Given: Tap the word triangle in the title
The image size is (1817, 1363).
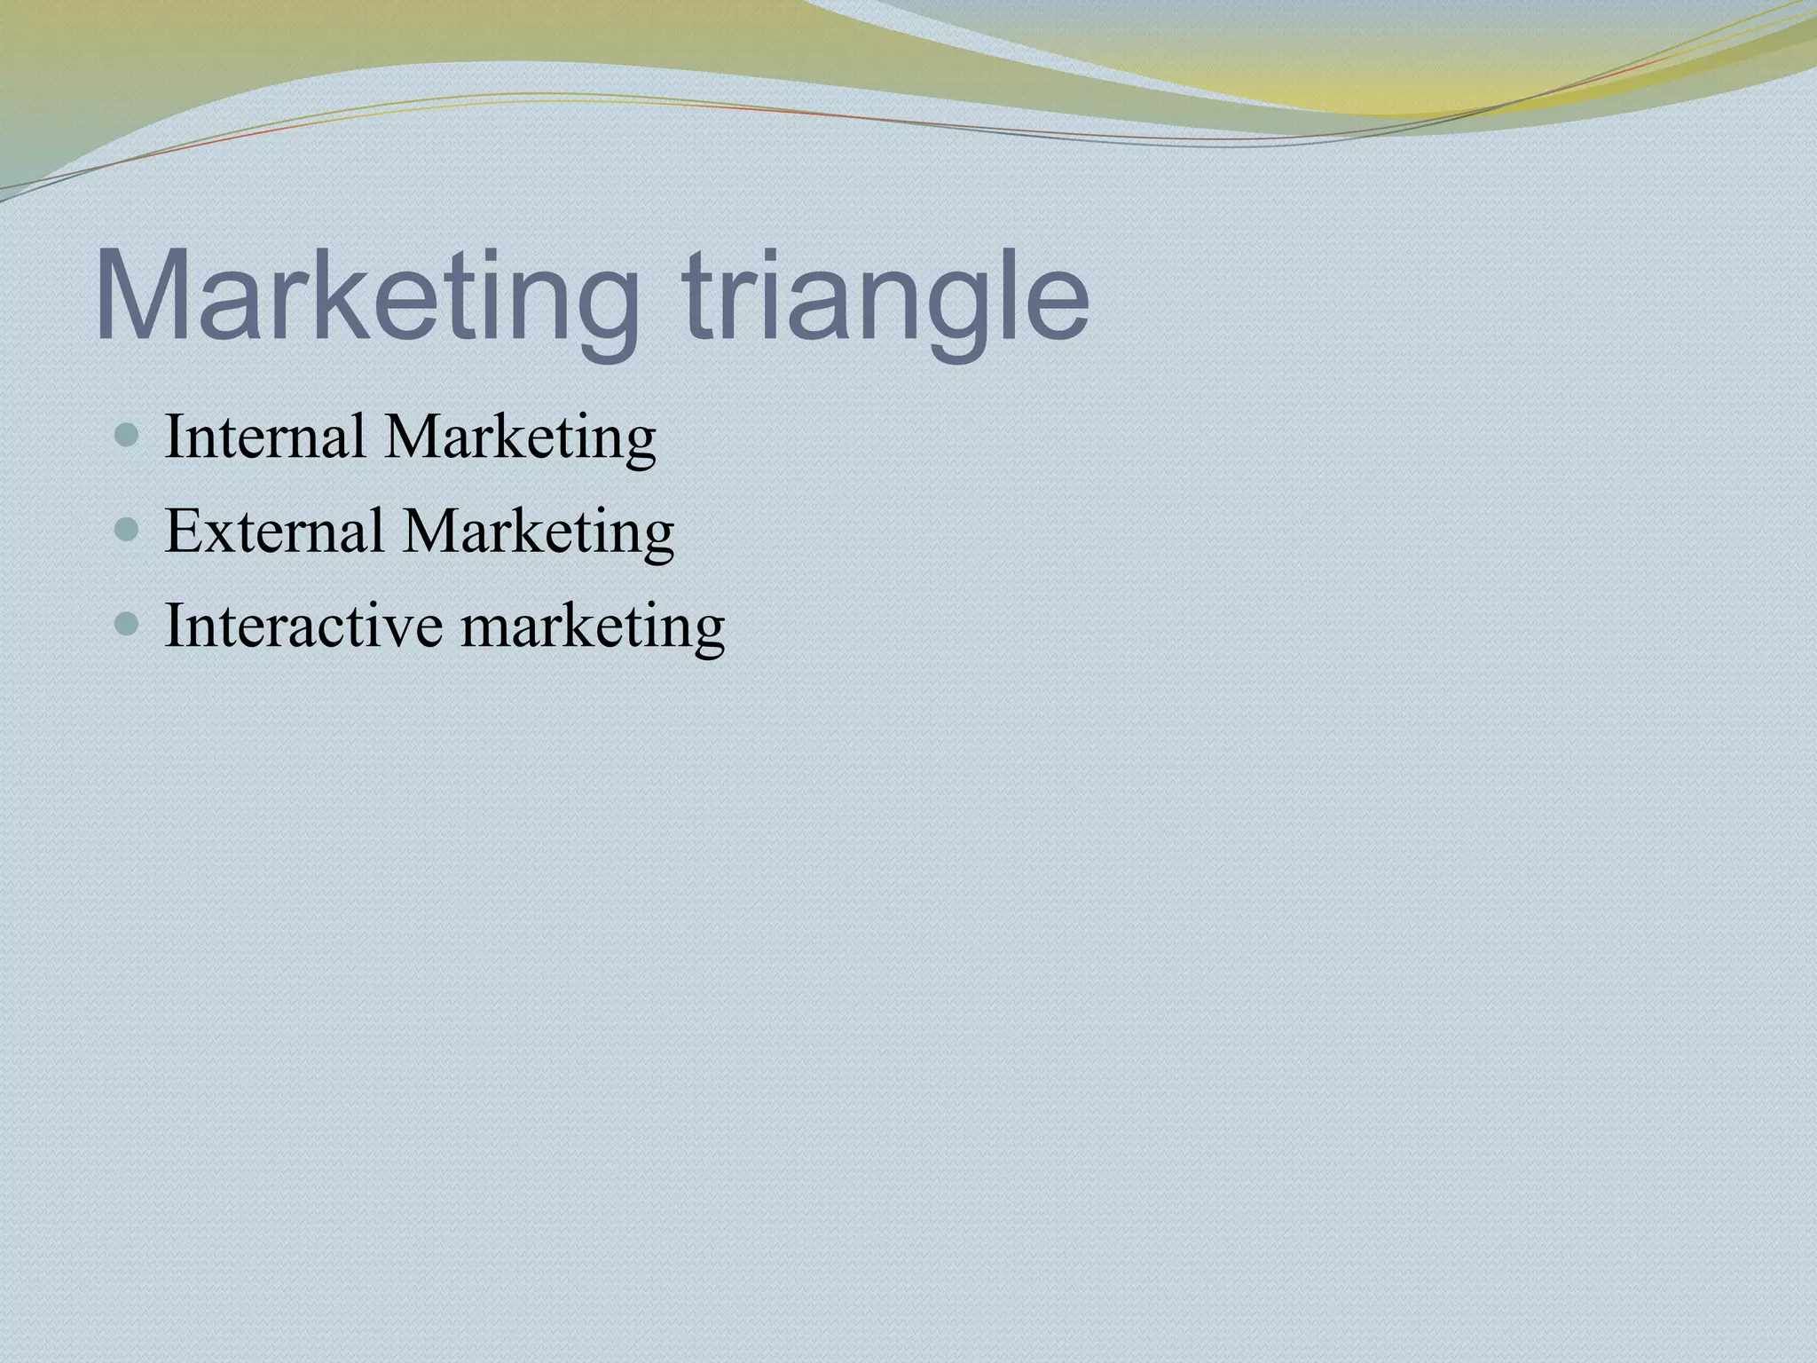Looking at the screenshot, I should pyautogui.click(x=887, y=296).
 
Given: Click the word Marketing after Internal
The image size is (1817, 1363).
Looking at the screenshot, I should pyautogui.click(x=520, y=438).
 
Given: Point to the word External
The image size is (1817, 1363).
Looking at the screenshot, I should pyautogui.click(x=274, y=531).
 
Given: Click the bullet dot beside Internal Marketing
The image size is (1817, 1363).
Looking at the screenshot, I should pyautogui.click(x=128, y=436).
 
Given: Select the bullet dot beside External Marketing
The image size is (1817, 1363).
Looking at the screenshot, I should pyautogui.click(x=128, y=531).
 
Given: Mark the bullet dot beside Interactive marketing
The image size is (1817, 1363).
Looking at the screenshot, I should pyautogui.click(x=128, y=625).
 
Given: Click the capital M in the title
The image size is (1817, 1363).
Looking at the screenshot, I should pyautogui.click(x=142, y=296).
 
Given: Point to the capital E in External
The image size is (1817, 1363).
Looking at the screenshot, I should pyautogui.click(x=183, y=531).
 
